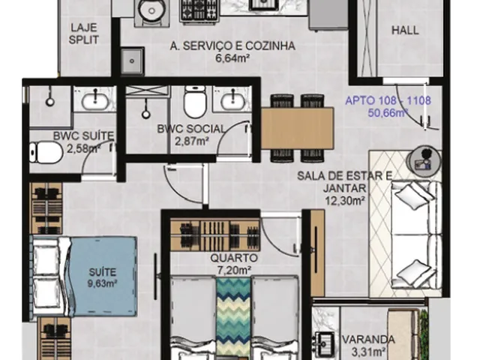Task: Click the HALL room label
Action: pos(405,30)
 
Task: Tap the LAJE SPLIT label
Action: pos(83,34)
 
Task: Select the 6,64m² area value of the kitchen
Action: pos(232,58)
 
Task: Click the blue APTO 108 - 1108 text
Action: pos(388,100)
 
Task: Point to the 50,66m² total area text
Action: pos(388,112)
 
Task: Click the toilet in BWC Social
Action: pos(195,103)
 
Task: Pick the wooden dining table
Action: pos(297,128)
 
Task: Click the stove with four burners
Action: pos(199,10)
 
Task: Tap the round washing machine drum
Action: pos(151,10)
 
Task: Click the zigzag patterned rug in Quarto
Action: pos(233,317)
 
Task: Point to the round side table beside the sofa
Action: pos(424,161)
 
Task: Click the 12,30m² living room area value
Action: pos(345,200)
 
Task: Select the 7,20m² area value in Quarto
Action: pos(235,270)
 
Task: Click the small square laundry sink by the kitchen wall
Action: pos(132,61)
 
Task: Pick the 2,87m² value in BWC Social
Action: pos(192,141)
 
